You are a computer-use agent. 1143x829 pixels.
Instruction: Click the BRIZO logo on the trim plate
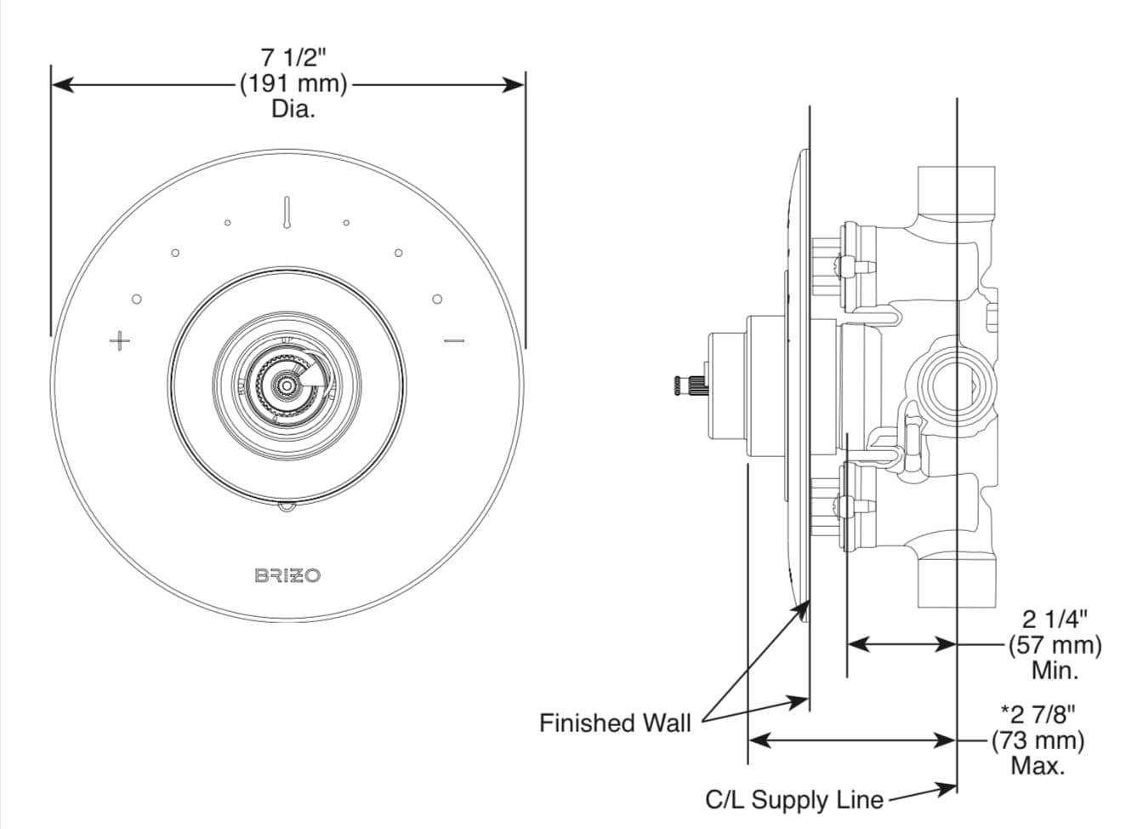pos(287,575)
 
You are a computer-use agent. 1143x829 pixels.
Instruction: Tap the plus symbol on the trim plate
pos(120,341)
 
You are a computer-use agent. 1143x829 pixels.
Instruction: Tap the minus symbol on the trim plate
pos(454,342)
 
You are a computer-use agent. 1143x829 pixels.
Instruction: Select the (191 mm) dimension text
pos(293,83)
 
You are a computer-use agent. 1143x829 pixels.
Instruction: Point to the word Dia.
pos(293,109)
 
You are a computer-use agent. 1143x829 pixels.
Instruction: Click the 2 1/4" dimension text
pos(1055,619)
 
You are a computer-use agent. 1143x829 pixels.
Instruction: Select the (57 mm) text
pos(1055,644)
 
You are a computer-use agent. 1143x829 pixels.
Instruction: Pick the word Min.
pos(1055,670)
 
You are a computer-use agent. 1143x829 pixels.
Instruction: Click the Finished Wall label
pos(615,723)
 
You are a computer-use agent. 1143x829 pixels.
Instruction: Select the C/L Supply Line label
pos(793,800)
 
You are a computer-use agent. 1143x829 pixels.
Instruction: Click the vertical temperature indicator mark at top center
pos(287,212)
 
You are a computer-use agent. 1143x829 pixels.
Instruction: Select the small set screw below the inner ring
pos(287,508)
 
